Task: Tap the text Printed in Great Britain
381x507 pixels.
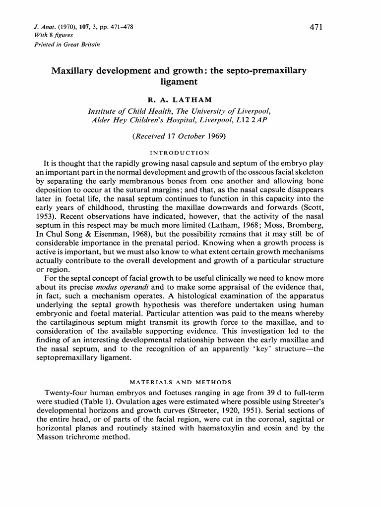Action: coord(67,44)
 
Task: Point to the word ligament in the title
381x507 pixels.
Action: coord(179,82)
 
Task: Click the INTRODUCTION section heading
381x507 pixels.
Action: coord(179,152)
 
